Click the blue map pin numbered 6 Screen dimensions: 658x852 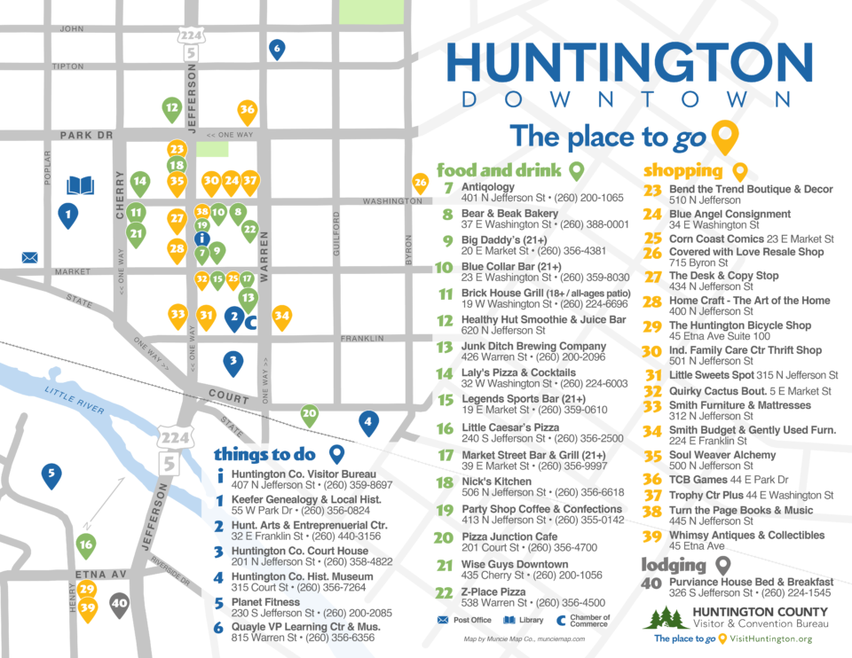277,49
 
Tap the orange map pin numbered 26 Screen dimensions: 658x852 420,183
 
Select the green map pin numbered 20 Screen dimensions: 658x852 309,413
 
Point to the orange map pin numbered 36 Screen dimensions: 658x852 248,110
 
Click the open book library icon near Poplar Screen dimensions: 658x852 81,185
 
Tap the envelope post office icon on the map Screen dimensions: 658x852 30,258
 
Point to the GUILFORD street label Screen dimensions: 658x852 337,235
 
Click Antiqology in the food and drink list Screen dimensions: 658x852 487,187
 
